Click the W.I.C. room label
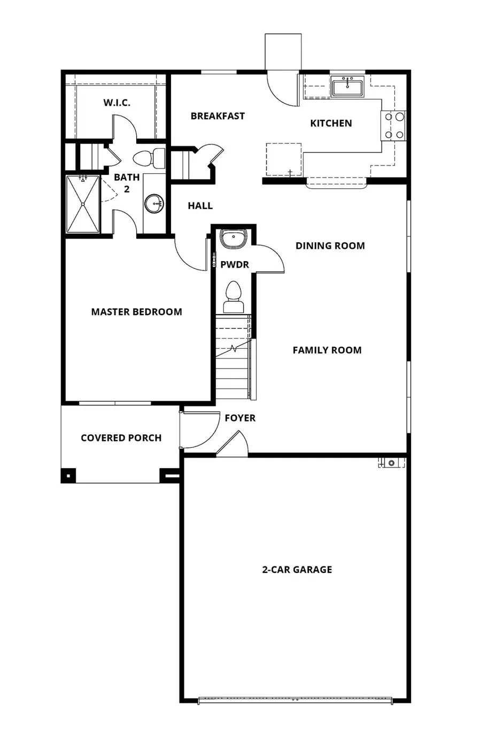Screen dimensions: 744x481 click(x=117, y=103)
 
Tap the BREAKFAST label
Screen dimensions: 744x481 click(x=218, y=116)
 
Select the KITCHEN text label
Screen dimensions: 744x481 click(x=331, y=123)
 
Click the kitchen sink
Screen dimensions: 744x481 click(x=347, y=87)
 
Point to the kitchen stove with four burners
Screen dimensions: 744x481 click(x=393, y=126)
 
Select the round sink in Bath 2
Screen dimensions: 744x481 click(x=154, y=203)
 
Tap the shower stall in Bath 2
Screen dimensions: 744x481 click(x=83, y=204)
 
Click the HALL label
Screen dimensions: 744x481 click(x=200, y=206)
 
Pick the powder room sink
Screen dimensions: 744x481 click(x=233, y=239)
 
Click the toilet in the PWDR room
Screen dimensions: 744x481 click(x=233, y=297)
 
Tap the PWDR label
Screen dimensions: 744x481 click(x=235, y=265)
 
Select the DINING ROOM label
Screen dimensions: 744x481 click(x=330, y=246)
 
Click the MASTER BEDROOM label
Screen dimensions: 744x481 click(x=136, y=312)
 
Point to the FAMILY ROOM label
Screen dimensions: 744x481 click(x=327, y=350)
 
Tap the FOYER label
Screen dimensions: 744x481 click(x=239, y=418)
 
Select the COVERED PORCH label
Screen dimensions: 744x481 click(x=121, y=438)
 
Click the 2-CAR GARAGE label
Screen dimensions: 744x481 click(x=297, y=570)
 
